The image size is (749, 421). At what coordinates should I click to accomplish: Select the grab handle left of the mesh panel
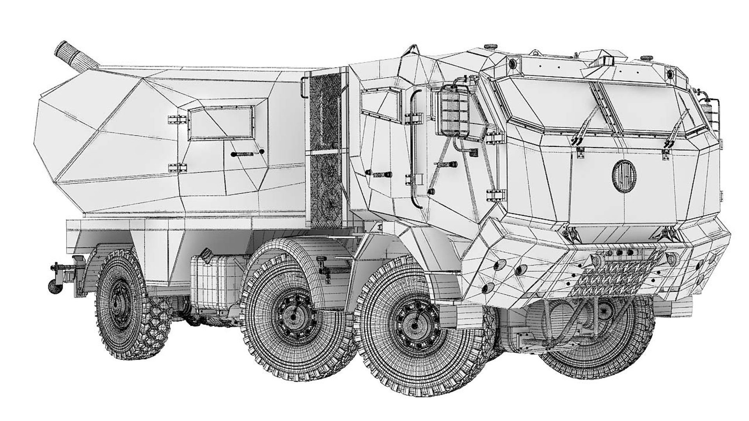[x=303, y=88]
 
